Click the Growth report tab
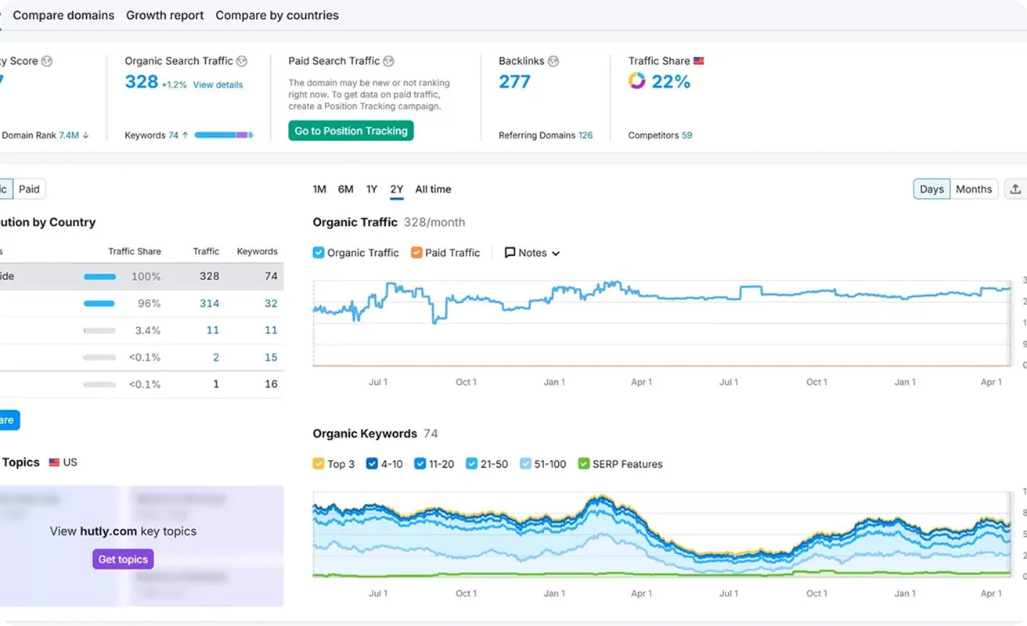click(x=164, y=15)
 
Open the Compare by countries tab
click(x=277, y=15)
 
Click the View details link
click(x=218, y=85)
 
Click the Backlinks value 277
click(x=514, y=81)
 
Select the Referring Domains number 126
click(x=585, y=135)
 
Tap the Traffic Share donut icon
click(x=636, y=81)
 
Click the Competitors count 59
click(x=686, y=135)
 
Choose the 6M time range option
click(x=345, y=189)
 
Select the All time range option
click(x=433, y=189)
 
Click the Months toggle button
click(x=973, y=189)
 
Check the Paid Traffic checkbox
click(x=416, y=253)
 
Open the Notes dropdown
click(x=532, y=253)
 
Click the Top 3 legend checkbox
click(x=319, y=464)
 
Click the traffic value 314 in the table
click(x=209, y=304)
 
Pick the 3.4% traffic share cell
click(x=147, y=330)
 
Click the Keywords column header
click(x=257, y=251)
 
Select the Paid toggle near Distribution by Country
click(x=30, y=189)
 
